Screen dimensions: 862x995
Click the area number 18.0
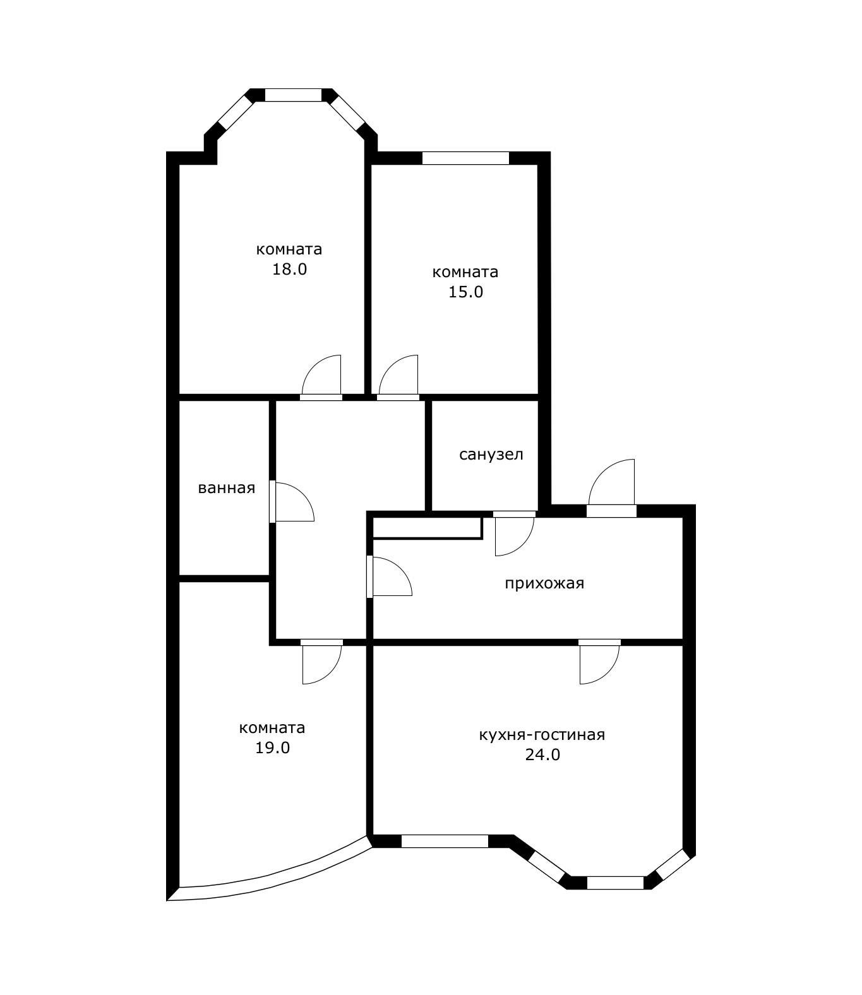click(x=289, y=270)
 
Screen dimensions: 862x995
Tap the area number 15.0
click(x=465, y=292)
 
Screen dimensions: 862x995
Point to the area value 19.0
click(x=273, y=748)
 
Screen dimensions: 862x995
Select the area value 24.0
click(x=542, y=754)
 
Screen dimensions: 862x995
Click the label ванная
click(x=226, y=489)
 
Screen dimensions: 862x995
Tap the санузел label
click(x=491, y=455)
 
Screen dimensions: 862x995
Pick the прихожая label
click(x=544, y=583)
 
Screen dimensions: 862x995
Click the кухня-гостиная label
click(x=542, y=735)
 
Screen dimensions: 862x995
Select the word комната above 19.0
click(x=272, y=728)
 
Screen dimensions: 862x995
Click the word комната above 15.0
click(x=465, y=273)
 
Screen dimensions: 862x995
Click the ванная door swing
click(x=292, y=501)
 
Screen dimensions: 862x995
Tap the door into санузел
click(x=514, y=533)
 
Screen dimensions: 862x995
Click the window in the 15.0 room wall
click(x=465, y=158)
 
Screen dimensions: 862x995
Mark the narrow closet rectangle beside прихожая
click(x=428, y=528)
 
